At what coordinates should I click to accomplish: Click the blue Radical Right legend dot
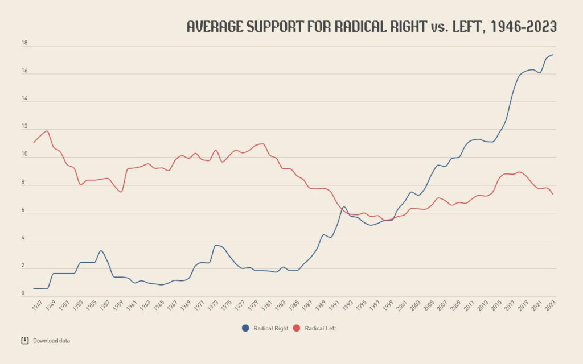[245, 328]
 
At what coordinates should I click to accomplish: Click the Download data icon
[24, 341]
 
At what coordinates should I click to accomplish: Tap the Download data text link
[51, 341]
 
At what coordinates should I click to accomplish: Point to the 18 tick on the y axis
[24, 43]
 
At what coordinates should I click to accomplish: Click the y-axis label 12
[24, 127]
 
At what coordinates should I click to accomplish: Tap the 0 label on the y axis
[24, 293]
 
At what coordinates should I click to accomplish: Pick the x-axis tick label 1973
[212, 305]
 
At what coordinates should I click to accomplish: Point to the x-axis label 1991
[334, 305]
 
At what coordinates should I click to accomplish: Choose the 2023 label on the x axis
[550, 305]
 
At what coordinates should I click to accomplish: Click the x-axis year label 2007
[442, 305]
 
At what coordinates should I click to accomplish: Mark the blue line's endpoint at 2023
[553, 55]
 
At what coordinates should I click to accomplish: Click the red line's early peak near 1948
[47, 131]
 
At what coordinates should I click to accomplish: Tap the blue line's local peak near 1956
[100, 251]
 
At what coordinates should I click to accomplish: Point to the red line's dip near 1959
[121, 192]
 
